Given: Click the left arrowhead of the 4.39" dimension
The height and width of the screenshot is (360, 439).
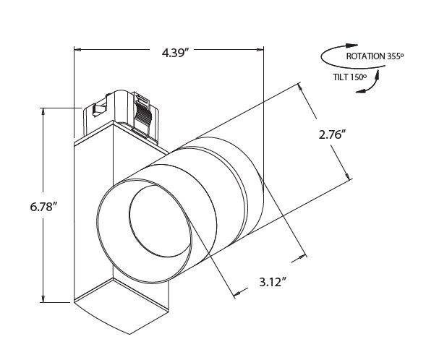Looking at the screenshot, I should [x=78, y=51].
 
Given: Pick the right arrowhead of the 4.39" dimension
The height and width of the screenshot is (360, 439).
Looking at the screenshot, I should [x=260, y=51].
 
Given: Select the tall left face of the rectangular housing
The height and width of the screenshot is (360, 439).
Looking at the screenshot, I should [x=93, y=217].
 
